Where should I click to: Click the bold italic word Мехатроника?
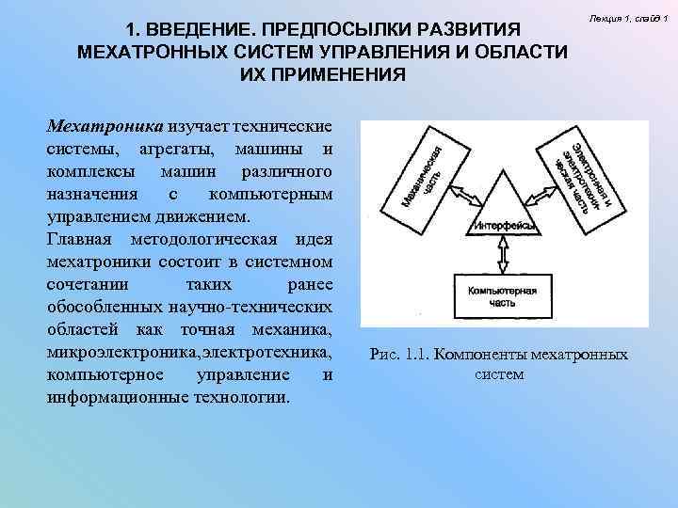(x=105, y=127)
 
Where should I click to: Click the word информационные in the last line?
(x=108, y=397)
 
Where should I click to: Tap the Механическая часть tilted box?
(x=421, y=176)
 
